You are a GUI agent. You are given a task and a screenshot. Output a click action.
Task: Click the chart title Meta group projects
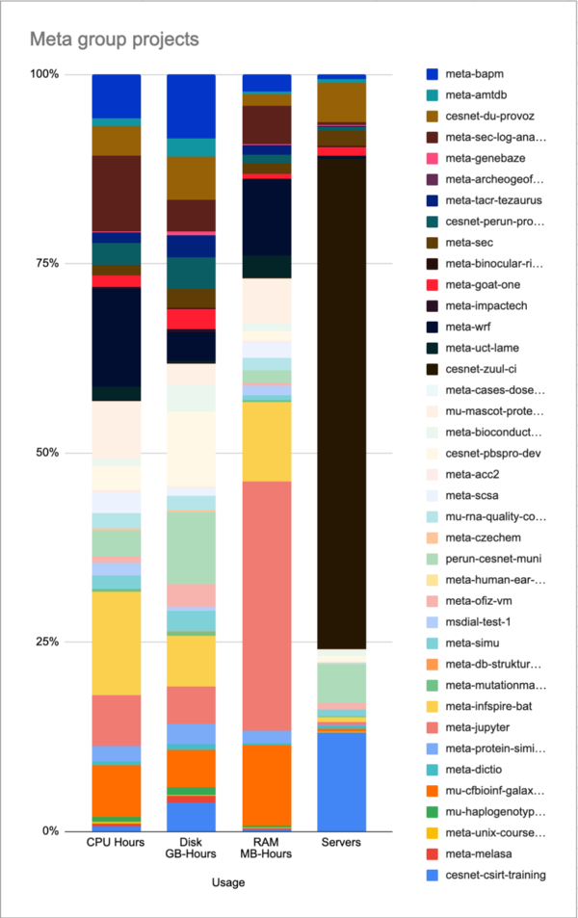[115, 40]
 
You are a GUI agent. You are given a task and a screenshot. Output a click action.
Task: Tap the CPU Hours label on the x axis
[117, 843]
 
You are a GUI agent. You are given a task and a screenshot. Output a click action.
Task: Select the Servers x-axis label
[341, 843]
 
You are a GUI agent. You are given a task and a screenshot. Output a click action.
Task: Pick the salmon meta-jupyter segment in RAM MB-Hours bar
[267, 606]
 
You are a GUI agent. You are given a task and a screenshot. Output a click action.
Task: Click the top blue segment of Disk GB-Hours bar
[191, 106]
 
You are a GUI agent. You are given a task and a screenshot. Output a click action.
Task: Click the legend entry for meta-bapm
[476, 74]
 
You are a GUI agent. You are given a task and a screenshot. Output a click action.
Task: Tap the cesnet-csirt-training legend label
[497, 875]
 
